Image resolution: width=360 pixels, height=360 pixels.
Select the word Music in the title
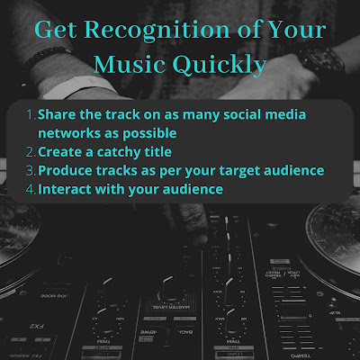130,65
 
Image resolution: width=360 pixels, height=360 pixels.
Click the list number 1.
31,114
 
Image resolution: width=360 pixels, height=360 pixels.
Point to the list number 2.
31,152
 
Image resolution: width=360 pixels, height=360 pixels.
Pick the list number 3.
31,171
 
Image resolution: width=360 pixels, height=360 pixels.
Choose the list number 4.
31,190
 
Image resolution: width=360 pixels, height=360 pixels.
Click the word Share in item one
55,114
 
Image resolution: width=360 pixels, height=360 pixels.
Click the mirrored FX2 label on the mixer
38,327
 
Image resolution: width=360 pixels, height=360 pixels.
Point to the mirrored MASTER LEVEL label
171,307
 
